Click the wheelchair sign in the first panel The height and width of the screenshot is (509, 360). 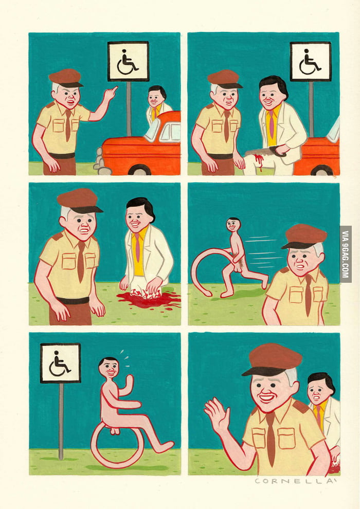[x=128, y=61]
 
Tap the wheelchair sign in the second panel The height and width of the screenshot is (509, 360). [x=311, y=61]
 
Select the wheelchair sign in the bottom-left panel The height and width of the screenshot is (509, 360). [x=60, y=363]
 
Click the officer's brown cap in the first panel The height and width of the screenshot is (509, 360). [x=65, y=78]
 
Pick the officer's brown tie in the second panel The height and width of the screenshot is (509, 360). [x=227, y=126]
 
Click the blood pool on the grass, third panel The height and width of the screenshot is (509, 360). [x=148, y=299]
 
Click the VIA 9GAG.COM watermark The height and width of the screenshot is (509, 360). [x=346, y=254]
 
